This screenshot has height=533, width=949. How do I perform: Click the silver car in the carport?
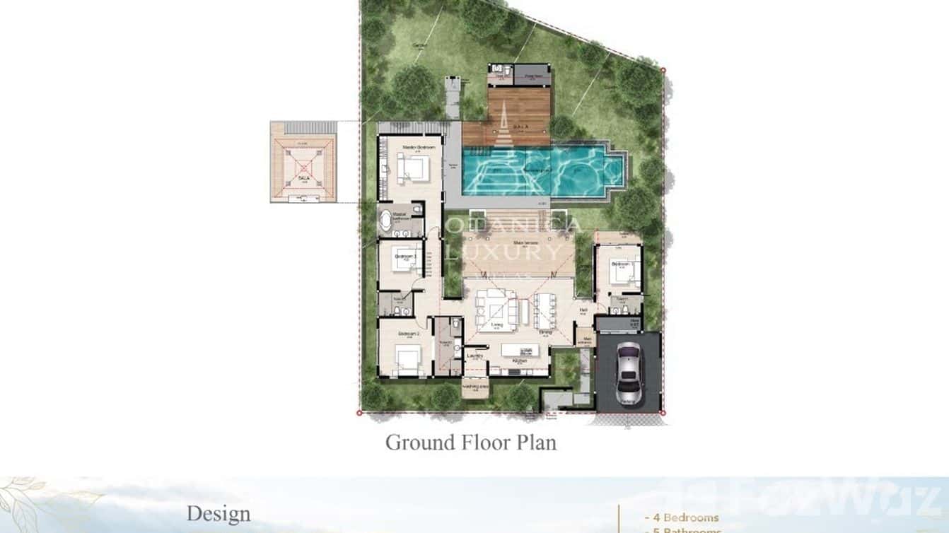(x=628, y=373)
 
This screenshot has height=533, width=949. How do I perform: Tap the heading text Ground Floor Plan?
(x=470, y=443)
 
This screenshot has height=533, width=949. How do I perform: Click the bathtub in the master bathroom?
(x=386, y=221)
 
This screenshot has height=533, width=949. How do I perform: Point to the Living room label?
(x=496, y=325)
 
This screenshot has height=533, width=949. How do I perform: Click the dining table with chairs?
(x=546, y=310)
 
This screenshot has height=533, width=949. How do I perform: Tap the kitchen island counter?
(x=520, y=350)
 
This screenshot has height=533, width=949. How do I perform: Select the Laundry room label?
(x=475, y=356)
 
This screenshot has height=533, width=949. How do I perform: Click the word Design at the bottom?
(x=219, y=514)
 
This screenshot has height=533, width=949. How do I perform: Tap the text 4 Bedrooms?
(x=682, y=518)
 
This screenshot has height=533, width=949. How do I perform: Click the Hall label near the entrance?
(x=584, y=310)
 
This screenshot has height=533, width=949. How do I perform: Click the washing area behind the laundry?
(x=476, y=387)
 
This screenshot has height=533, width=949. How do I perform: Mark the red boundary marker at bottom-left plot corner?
(x=359, y=412)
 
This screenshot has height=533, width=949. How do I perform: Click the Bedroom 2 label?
(x=408, y=333)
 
